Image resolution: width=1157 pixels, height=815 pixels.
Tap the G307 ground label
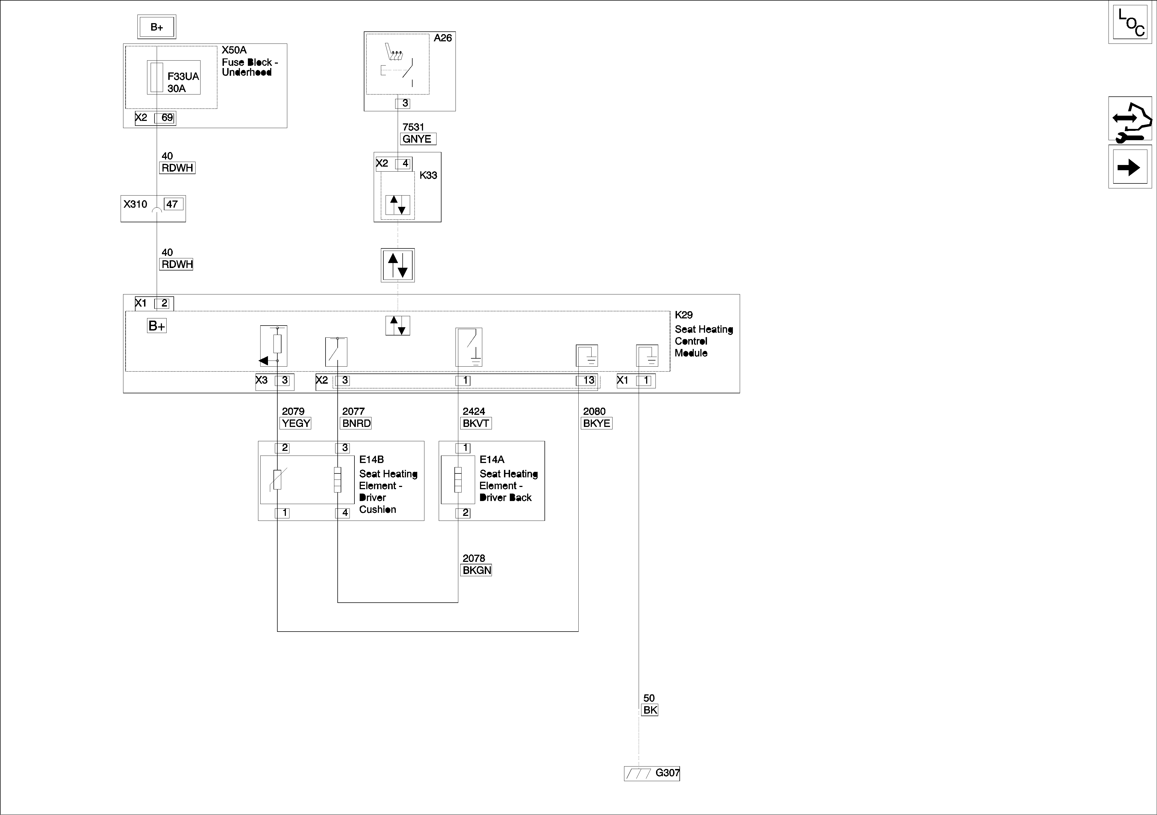pyautogui.click(x=667, y=773)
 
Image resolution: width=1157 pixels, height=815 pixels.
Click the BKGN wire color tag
pyautogui.click(x=476, y=570)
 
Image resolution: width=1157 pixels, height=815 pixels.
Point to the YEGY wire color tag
pyautogui.click(x=296, y=423)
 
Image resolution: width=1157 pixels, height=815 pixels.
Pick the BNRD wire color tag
pyautogui.click(x=356, y=423)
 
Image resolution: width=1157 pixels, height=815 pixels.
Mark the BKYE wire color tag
pyautogui.click(x=597, y=423)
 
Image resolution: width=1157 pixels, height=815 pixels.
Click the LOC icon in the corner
pyautogui.click(x=1130, y=23)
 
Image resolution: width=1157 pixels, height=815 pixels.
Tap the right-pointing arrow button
pyautogui.click(x=1130, y=167)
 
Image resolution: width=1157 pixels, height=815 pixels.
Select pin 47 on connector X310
pyautogui.click(x=173, y=204)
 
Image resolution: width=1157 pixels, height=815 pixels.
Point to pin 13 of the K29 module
pyautogui.click(x=587, y=381)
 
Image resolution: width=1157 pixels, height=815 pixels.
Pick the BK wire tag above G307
pyautogui.click(x=650, y=710)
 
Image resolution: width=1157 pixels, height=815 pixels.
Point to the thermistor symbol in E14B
pyautogui.click(x=277, y=479)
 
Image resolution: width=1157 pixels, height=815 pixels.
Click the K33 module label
pyautogui.click(x=428, y=175)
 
